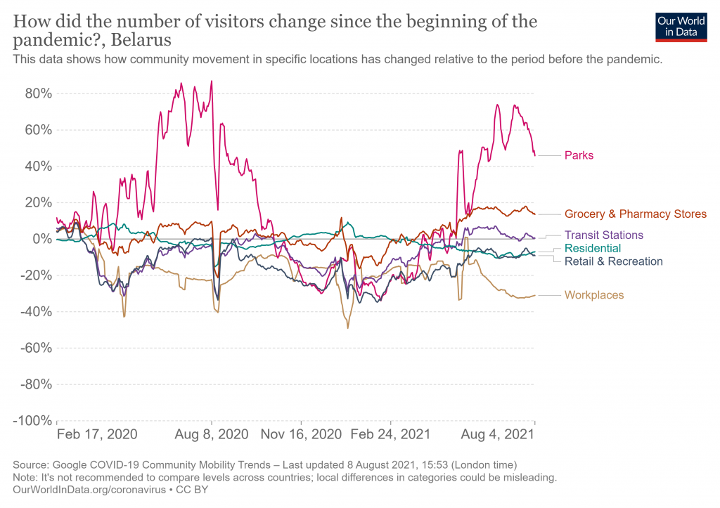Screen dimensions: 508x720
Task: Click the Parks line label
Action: coord(579,155)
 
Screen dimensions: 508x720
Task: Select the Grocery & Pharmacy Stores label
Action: coord(635,214)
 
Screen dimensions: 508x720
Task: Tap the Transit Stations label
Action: coord(603,235)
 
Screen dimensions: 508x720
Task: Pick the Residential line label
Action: coord(593,248)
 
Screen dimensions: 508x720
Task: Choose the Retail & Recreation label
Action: coord(613,261)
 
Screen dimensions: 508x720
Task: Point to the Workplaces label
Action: coord(594,295)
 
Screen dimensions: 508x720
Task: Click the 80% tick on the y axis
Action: coord(36,93)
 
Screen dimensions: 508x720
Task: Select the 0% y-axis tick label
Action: coord(41,239)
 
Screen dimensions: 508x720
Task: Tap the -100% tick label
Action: coord(30,420)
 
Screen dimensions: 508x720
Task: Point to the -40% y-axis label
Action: coord(33,311)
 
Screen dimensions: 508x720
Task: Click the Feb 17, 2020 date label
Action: coord(97,434)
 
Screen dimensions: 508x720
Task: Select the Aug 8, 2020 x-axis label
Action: coord(212,434)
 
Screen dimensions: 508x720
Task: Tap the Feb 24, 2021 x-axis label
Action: coord(392,434)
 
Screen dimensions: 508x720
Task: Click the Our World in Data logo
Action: coord(681,27)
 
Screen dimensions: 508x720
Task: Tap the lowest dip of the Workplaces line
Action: coord(347,327)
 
